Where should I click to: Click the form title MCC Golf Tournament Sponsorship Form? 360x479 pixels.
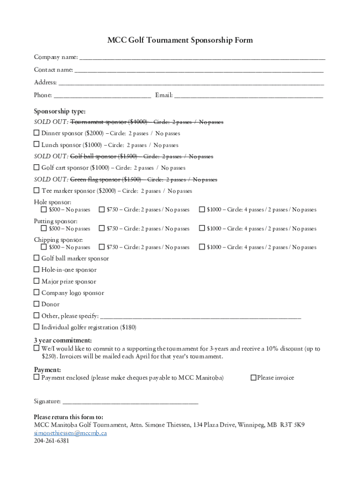(x=180, y=40)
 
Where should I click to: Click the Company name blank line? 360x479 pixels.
(x=202, y=58)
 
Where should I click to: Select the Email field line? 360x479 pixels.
(x=248, y=96)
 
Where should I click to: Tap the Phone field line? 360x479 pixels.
(x=102, y=96)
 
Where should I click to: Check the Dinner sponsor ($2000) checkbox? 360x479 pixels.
(x=36, y=133)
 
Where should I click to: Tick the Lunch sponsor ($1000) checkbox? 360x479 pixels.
(x=36, y=145)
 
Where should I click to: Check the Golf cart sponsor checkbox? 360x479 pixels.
(x=36, y=167)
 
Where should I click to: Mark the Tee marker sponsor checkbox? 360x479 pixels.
(x=36, y=190)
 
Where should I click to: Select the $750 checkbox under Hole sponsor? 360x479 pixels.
(x=101, y=210)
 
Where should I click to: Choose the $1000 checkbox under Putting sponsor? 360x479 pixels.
(x=202, y=228)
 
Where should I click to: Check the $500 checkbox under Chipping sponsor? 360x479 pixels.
(x=44, y=247)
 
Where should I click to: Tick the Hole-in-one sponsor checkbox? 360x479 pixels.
(x=36, y=269)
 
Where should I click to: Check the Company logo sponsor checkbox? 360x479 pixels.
(x=36, y=292)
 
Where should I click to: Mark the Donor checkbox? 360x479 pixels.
(x=36, y=304)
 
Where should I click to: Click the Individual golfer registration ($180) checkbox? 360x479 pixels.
(x=36, y=327)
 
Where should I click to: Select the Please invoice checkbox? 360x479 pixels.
(x=253, y=377)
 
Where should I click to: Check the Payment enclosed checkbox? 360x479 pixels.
(x=36, y=377)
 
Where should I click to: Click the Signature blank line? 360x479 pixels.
(x=130, y=402)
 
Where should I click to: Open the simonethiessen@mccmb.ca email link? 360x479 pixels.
(x=70, y=433)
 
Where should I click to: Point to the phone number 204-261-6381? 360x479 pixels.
(x=51, y=441)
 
